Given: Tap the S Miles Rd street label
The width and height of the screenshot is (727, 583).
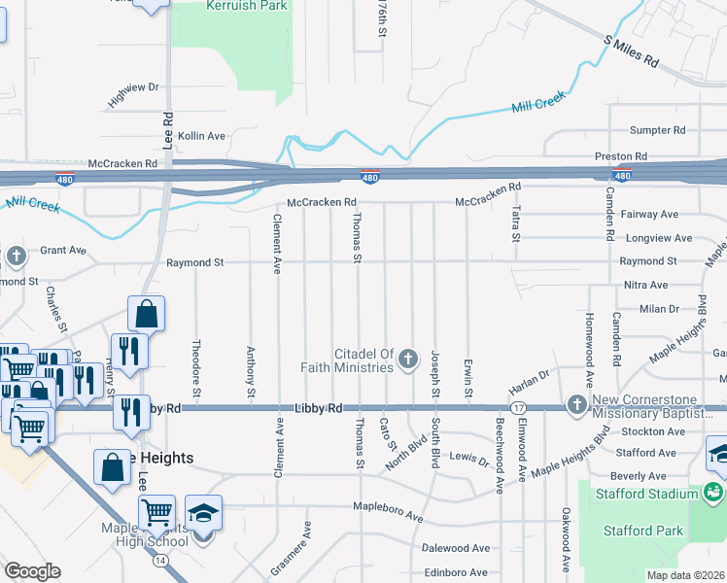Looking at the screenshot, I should pyautogui.click(x=632, y=51).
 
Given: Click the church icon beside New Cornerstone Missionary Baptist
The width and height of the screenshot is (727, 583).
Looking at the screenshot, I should pyautogui.click(x=576, y=402).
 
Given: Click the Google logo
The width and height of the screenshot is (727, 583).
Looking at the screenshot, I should pyautogui.click(x=32, y=570).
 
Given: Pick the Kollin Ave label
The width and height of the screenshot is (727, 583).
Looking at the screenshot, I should pyautogui.click(x=201, y=136).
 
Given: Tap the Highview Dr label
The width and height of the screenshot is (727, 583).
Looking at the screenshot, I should pyautogui.click(x=133, y=94).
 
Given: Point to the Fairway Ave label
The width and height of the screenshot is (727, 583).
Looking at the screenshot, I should pyautogui.click(x=652, y=214).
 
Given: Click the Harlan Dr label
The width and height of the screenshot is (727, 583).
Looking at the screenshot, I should pyautogui.click(x=530, y=373).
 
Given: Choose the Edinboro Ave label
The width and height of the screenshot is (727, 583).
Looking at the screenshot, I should pyautogui.click(x=454, y=573).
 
